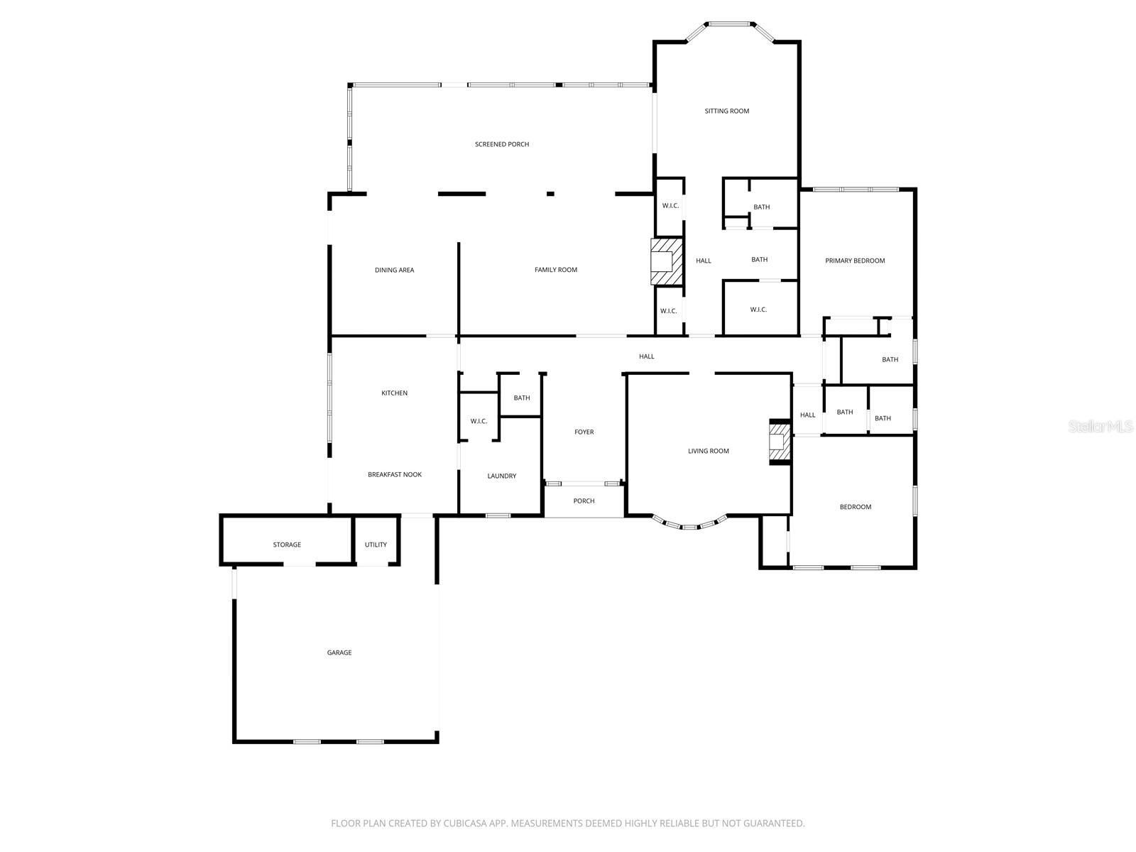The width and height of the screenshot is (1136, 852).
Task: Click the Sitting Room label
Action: [726, 111]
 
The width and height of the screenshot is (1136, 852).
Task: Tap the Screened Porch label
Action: [502, 144]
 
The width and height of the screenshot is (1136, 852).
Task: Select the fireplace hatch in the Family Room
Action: [667, 261]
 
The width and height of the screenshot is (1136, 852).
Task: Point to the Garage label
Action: [339, 652]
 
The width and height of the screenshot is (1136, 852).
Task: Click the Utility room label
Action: [376, 545]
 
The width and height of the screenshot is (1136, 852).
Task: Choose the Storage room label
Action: [287, 545]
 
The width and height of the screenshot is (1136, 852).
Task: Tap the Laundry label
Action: [501, 476]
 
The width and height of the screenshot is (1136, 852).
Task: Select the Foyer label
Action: [584, 432]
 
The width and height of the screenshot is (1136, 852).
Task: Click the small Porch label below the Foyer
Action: [584, 501]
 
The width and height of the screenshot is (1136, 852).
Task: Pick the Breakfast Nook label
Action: [394, 474]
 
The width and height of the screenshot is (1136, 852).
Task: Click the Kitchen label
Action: [394, 393]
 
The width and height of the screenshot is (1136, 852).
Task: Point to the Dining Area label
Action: [394, 270]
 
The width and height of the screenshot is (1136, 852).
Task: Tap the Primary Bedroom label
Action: [855, 261]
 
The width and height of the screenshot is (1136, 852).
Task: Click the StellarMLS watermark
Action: [1100, 426]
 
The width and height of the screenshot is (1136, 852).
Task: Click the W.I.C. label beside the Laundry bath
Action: [479, 421]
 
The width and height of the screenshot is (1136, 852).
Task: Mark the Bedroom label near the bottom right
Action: [855, 507]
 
